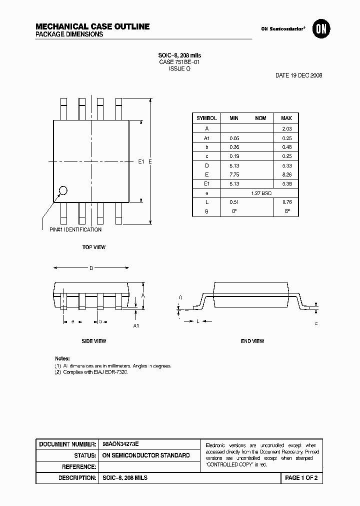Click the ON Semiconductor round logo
[319, 29]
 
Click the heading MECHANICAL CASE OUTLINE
[92, 26]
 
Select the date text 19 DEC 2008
[298, 75]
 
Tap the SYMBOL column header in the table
[206, 118]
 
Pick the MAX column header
[286, 118]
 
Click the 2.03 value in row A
[286, 128]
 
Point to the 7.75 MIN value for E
[233, 174]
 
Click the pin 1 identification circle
[63, 190]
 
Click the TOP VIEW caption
[94, 247]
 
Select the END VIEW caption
[252, 341]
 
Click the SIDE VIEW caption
[94, 341]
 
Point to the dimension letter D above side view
[91, 268]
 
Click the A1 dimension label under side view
[135, 326]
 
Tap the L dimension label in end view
[197, 321]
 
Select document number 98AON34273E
[120, 444]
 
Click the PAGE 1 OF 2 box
[301, 478]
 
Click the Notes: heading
[62, 359]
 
